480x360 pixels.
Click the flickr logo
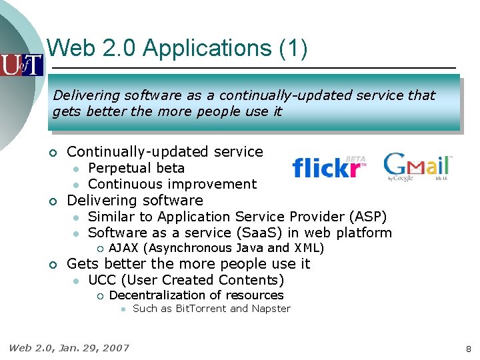click(x=329, y=167)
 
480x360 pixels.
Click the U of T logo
click(x=21, y=65)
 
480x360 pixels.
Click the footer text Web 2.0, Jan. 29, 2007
click(x=69, y=347)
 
